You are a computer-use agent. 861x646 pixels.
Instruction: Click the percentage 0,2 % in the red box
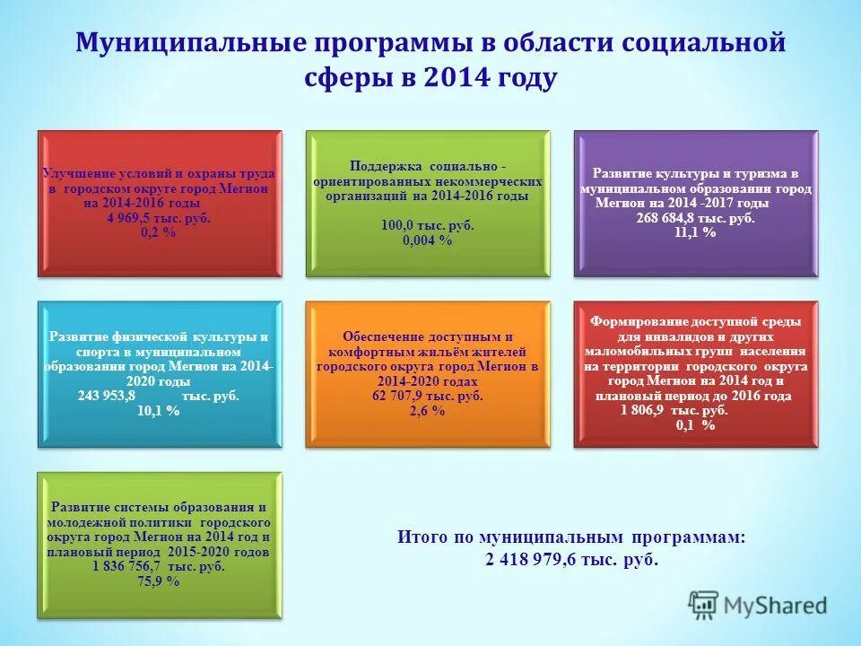click(x=159, y=232)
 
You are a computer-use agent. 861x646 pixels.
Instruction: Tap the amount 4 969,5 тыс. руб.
click(x=159, y=219)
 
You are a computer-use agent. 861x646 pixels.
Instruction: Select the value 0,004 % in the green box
click(x=428, y=240)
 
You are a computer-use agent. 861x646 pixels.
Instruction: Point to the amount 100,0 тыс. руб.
click(x=428, y=226)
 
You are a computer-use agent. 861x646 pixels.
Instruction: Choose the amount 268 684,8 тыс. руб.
click(x=695, y=218)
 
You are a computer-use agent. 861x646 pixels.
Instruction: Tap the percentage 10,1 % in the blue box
click(x=159, y=410)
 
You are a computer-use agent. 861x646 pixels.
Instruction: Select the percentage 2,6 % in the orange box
click(x=427, y=410)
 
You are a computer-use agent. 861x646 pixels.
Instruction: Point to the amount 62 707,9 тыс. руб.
click(x=427, y=396)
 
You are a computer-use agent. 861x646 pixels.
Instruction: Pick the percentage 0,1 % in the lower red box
click(x=695, y=425)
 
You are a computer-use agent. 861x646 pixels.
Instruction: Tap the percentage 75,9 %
click(x=159, y=581)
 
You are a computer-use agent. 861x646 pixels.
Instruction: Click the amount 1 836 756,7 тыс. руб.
click(x=159, y=567)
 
